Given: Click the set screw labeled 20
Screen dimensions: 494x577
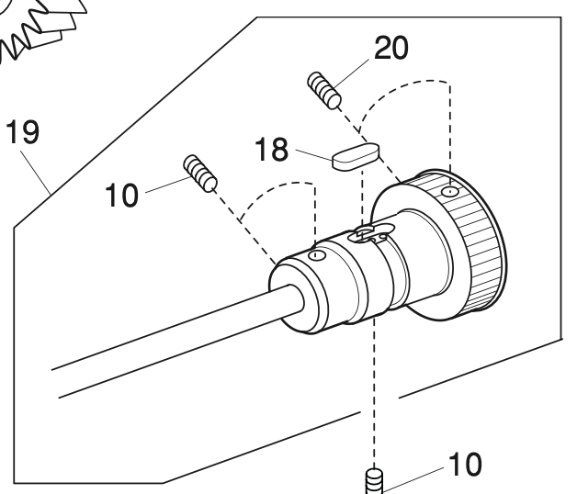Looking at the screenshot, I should tap(325, 90).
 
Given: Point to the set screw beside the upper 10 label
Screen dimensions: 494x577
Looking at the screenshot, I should tap(201, 173).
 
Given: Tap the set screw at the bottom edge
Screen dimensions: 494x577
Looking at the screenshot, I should tap(374, 480).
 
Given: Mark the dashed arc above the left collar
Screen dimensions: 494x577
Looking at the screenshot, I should tap(276, 194).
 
